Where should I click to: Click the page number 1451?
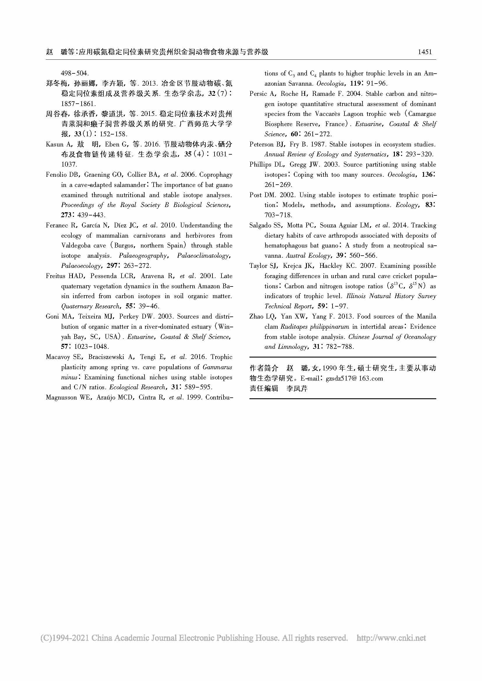pos(425,52)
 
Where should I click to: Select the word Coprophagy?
pos(216,175)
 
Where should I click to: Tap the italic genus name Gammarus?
pos(217,367)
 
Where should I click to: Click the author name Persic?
pos(258,94)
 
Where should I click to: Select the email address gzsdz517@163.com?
pos(354,379)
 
